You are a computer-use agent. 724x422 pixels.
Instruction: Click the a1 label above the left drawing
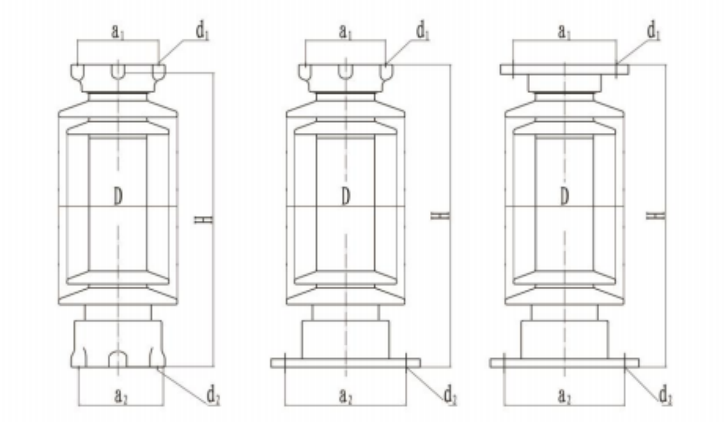118,32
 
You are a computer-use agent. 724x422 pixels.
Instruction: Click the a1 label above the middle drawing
345,32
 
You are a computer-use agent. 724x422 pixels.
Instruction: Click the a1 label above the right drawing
564,32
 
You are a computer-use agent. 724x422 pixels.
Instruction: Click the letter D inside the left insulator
118,197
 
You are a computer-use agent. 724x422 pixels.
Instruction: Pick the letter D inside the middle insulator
346,197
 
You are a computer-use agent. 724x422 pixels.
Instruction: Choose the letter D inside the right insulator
564,197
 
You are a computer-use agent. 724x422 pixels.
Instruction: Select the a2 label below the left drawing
119,396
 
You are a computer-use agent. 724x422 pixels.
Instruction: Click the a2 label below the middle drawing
346,396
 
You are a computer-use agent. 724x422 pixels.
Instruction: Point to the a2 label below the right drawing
564,396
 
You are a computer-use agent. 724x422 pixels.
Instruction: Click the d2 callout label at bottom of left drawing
213,396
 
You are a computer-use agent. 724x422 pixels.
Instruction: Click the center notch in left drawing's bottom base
118,359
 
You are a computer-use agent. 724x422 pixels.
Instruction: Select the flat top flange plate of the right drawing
564,70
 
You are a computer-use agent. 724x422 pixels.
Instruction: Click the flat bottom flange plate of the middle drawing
345,363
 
